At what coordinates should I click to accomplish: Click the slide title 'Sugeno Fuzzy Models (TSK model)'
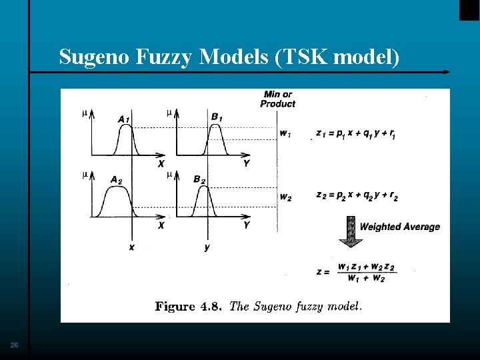click(229, 58)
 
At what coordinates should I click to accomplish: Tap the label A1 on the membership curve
click(124, 119)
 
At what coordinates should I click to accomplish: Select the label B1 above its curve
click(217, 117)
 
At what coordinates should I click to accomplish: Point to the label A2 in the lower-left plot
click(116, 179)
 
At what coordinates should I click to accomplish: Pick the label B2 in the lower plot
click(199, 179)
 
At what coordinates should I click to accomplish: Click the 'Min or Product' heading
click(277, 99)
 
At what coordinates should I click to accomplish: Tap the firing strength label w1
click(285, 134)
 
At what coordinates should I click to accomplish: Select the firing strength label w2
click(285, 197)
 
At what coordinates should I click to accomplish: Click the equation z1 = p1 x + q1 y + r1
click(356, 134)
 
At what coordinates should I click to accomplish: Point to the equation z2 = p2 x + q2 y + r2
click(357, 196)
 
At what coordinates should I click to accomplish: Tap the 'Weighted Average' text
click(399, 227)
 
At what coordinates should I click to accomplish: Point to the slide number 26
click(15, 345)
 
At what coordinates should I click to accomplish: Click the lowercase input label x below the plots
click(132, 247)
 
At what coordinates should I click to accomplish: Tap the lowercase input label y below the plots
click(207, 247)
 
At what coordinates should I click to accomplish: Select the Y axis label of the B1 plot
click(247, 163)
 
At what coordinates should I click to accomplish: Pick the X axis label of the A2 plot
click(161, 225)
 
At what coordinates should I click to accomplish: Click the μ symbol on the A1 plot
click(85, 113)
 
